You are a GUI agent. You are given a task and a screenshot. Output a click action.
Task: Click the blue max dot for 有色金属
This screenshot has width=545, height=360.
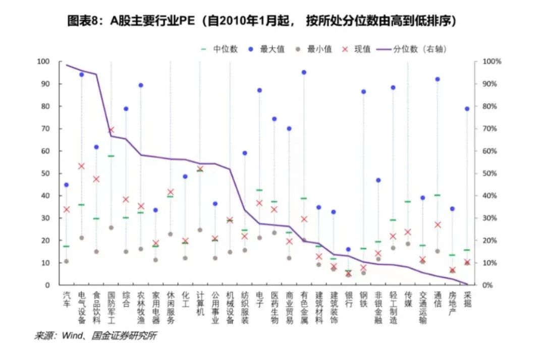(x=304, y=72)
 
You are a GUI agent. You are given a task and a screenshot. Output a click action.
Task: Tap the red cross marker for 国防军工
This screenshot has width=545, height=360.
(x=111, y=130)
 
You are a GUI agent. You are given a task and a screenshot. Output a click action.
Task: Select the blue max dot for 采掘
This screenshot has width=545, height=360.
(x=467, y=109)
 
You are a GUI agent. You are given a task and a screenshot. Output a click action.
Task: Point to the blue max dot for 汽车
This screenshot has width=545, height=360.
(x=66, y=185)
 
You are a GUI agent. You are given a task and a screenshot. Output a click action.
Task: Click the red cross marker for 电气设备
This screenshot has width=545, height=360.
(x=81, y=166)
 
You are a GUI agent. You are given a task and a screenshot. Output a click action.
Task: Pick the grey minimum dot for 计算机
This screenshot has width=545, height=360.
(x=200, y=230)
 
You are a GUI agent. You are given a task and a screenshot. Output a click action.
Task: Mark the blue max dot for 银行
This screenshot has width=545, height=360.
(x=348, y=250)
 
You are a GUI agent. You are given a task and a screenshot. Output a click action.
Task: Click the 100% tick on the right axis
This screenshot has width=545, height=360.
(x=492, y=62)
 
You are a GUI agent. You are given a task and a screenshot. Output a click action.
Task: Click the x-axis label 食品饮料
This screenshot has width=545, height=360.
(x=96, y=307)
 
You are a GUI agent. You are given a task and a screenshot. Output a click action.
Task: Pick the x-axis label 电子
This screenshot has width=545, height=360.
(x=259, y=299)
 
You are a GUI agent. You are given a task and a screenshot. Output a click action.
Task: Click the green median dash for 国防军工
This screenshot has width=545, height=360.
(x=111, y=156)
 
